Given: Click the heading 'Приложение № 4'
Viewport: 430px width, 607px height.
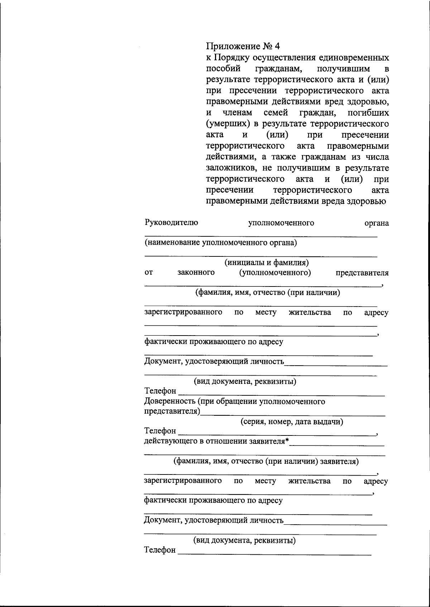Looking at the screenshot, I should (x=243, y=46).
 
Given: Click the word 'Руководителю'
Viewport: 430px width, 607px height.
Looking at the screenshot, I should (x=171, y=222).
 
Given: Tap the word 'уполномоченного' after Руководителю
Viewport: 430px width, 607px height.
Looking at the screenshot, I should (x=281, y=223).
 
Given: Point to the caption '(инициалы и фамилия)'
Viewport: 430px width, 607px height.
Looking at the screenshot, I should (x=266, y=262).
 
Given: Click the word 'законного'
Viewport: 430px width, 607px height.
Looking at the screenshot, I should (x=196, y=273).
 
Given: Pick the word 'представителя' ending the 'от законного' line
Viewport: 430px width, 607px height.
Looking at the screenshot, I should (x=362, y=273).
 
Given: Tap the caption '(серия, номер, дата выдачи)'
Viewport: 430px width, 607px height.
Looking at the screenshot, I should (x=291, y=421).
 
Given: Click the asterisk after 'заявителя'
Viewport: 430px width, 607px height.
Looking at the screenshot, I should (x=287, y=440).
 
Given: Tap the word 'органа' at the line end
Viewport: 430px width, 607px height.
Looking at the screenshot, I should (x=376, y=223).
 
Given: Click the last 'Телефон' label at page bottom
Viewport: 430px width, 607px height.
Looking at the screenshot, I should (x=160, y=549).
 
